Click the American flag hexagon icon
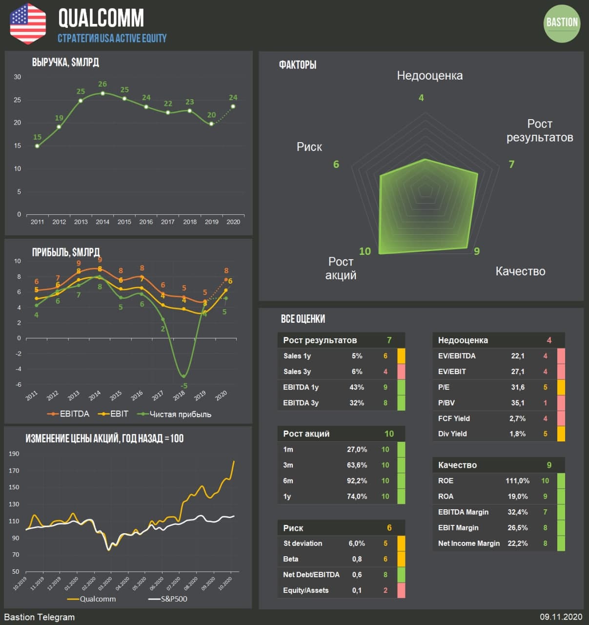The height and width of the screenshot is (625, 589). (28, 23)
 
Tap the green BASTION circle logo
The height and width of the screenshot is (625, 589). (562, 23)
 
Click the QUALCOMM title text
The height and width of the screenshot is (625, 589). (101, 18)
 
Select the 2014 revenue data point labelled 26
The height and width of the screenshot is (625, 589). (102, 93)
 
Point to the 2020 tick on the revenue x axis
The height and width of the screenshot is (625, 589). (233, 222)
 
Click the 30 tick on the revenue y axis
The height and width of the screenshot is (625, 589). (18, 77)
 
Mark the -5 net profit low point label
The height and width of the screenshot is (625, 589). (184, 386)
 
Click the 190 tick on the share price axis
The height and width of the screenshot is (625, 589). (14, 454)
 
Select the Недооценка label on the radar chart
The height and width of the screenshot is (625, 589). (429, 76)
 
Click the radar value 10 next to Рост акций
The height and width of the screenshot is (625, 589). (365, 251)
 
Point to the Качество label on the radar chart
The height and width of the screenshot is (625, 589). (520, 271)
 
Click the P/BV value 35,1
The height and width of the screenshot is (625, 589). (517, 403)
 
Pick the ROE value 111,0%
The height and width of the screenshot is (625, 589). (517, 481)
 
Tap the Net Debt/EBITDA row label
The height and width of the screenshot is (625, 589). (311, 575)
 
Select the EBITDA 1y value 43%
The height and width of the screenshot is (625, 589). (357, 387)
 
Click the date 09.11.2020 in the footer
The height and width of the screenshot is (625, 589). (561, 617)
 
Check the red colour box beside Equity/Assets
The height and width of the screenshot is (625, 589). (401, 590)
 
